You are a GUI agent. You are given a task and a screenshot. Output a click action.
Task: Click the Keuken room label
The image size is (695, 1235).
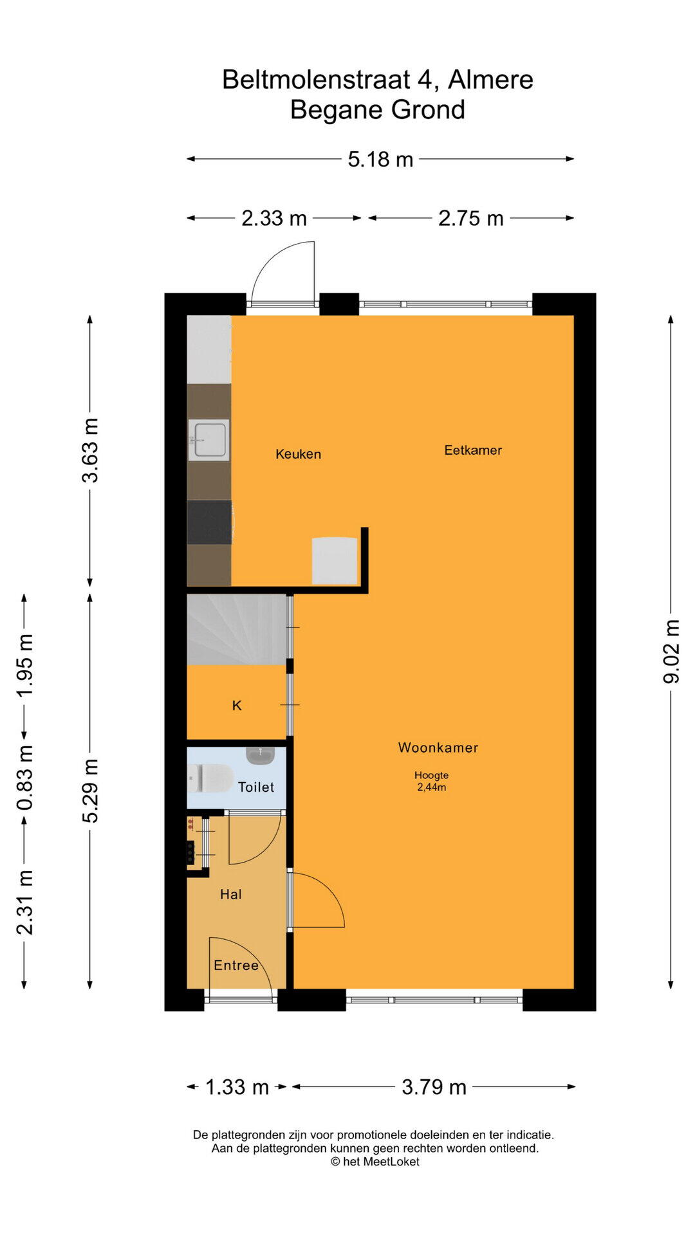pyautogui.click(x=298, y=454)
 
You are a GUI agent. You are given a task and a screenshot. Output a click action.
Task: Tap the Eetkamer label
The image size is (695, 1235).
pyautogui.click(x=473, y=450)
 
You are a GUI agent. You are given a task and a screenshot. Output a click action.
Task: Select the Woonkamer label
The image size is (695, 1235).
pyautogui.click(x=438, y=747)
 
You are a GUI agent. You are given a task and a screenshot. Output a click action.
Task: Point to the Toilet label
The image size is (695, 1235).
pyautogui.click(x=256, y=787)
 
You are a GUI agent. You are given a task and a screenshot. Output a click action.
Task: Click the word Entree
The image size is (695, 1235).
pyautogui.click(x=236, y=965)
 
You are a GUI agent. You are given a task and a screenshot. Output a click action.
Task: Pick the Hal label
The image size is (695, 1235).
pyautogui.click(x=231, y=894)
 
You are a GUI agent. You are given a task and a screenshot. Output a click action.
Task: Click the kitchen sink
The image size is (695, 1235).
pyautogui.click(x=208, y=440)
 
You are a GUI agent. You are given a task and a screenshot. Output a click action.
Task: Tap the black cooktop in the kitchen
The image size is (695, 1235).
pyautogui.click(x=210, y=522)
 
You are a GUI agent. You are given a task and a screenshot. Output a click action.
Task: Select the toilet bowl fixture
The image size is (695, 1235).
pyautogui.click(x=210, y=778)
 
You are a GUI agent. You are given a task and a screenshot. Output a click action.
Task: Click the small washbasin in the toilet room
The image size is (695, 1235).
pyautogui.click(x=260, y=755)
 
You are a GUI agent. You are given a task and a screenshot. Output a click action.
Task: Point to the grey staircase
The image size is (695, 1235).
pyautogui.click(x=236, y=629)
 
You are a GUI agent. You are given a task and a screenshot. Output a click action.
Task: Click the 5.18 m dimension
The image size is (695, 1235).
pyautogui.click(x=380, y=159)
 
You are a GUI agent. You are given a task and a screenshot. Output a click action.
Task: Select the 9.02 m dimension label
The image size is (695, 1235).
pyautogui.click(x=671, y=651)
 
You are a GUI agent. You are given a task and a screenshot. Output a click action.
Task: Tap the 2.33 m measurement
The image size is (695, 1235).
pyautogui.click(x=274, y=218)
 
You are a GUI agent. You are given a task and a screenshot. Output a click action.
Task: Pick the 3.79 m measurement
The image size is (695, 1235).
pyautogui.click(x=434, y=1087)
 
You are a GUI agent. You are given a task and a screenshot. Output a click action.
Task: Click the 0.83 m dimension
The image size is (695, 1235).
pyautogui.click(x=24, y=778)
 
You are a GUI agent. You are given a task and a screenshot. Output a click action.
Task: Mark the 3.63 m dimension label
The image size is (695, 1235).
pyautogui.click(x=90, y=450)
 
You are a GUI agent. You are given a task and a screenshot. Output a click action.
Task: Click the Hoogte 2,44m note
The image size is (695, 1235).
pyautogui.click(x=431, y=781)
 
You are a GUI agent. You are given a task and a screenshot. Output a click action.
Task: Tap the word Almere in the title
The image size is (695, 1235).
pyautogui.click(x=490, y=80)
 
